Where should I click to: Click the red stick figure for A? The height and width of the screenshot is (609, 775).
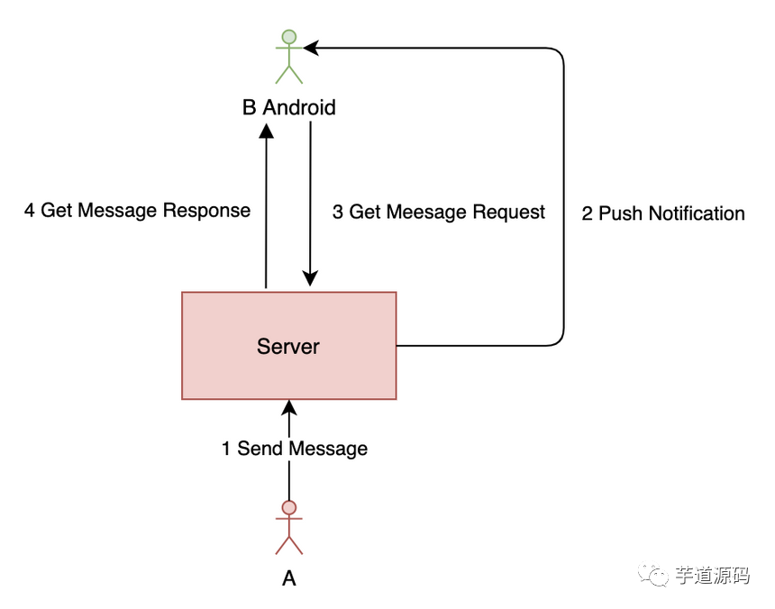(x=288, y=527)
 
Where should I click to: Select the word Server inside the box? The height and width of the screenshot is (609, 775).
(x=288, y=346)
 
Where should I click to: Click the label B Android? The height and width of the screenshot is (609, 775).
(x=288, y=108)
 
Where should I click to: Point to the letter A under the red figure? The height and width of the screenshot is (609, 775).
(x=288, y=578)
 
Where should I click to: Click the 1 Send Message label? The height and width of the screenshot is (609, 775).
(x=295, y=449)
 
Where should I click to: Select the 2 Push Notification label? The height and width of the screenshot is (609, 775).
(x=663, y=214)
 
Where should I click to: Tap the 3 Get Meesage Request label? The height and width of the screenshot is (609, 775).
(x=439, y=212)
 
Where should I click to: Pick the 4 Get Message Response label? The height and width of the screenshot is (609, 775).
(x=137, y=211)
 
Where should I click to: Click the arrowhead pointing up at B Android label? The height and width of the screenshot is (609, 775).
(x=266, y=130)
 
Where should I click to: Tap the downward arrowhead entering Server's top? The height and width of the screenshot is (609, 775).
(x=310, y=280)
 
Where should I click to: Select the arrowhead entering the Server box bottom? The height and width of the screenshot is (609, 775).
(x=288, y=407)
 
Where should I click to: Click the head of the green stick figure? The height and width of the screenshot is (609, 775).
(x=288, y=37)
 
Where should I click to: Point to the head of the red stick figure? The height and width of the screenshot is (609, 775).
(x=288, y=507)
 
